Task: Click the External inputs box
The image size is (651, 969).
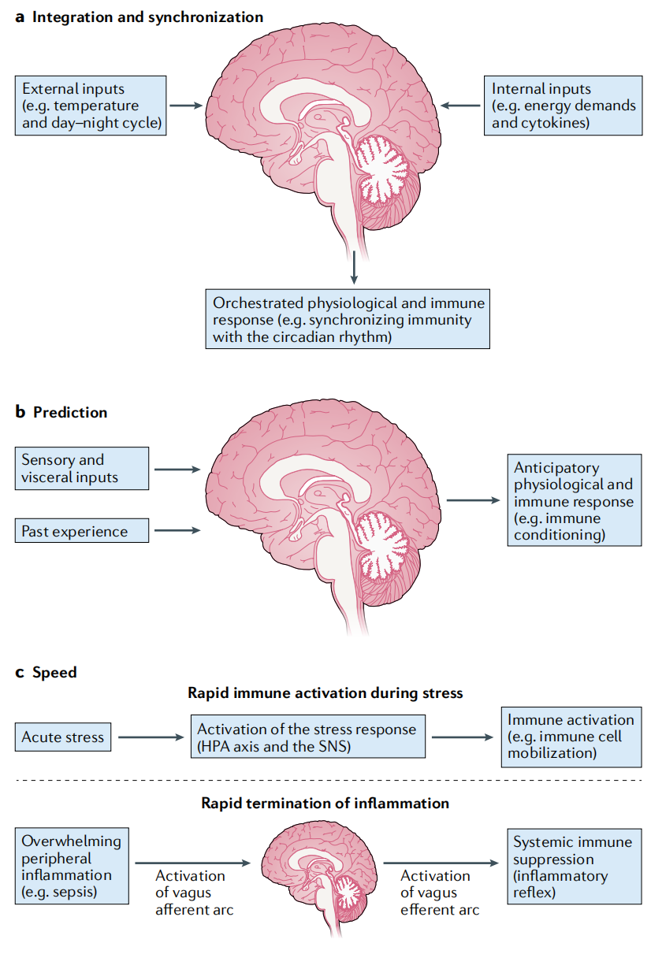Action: pos(90,106)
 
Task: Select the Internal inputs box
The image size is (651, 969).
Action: pos(563,106)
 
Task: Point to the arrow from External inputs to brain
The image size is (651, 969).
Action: pos(186,105)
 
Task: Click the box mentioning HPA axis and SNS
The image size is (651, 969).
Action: pos(307,737)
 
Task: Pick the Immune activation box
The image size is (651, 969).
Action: pos(571,737)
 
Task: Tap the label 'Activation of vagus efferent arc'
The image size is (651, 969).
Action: pos(440,893)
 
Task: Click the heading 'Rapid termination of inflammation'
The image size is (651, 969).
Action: pos(325,804)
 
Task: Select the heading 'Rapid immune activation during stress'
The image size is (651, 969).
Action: pos(325,693)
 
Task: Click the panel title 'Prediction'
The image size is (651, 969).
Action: pos(70,412)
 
